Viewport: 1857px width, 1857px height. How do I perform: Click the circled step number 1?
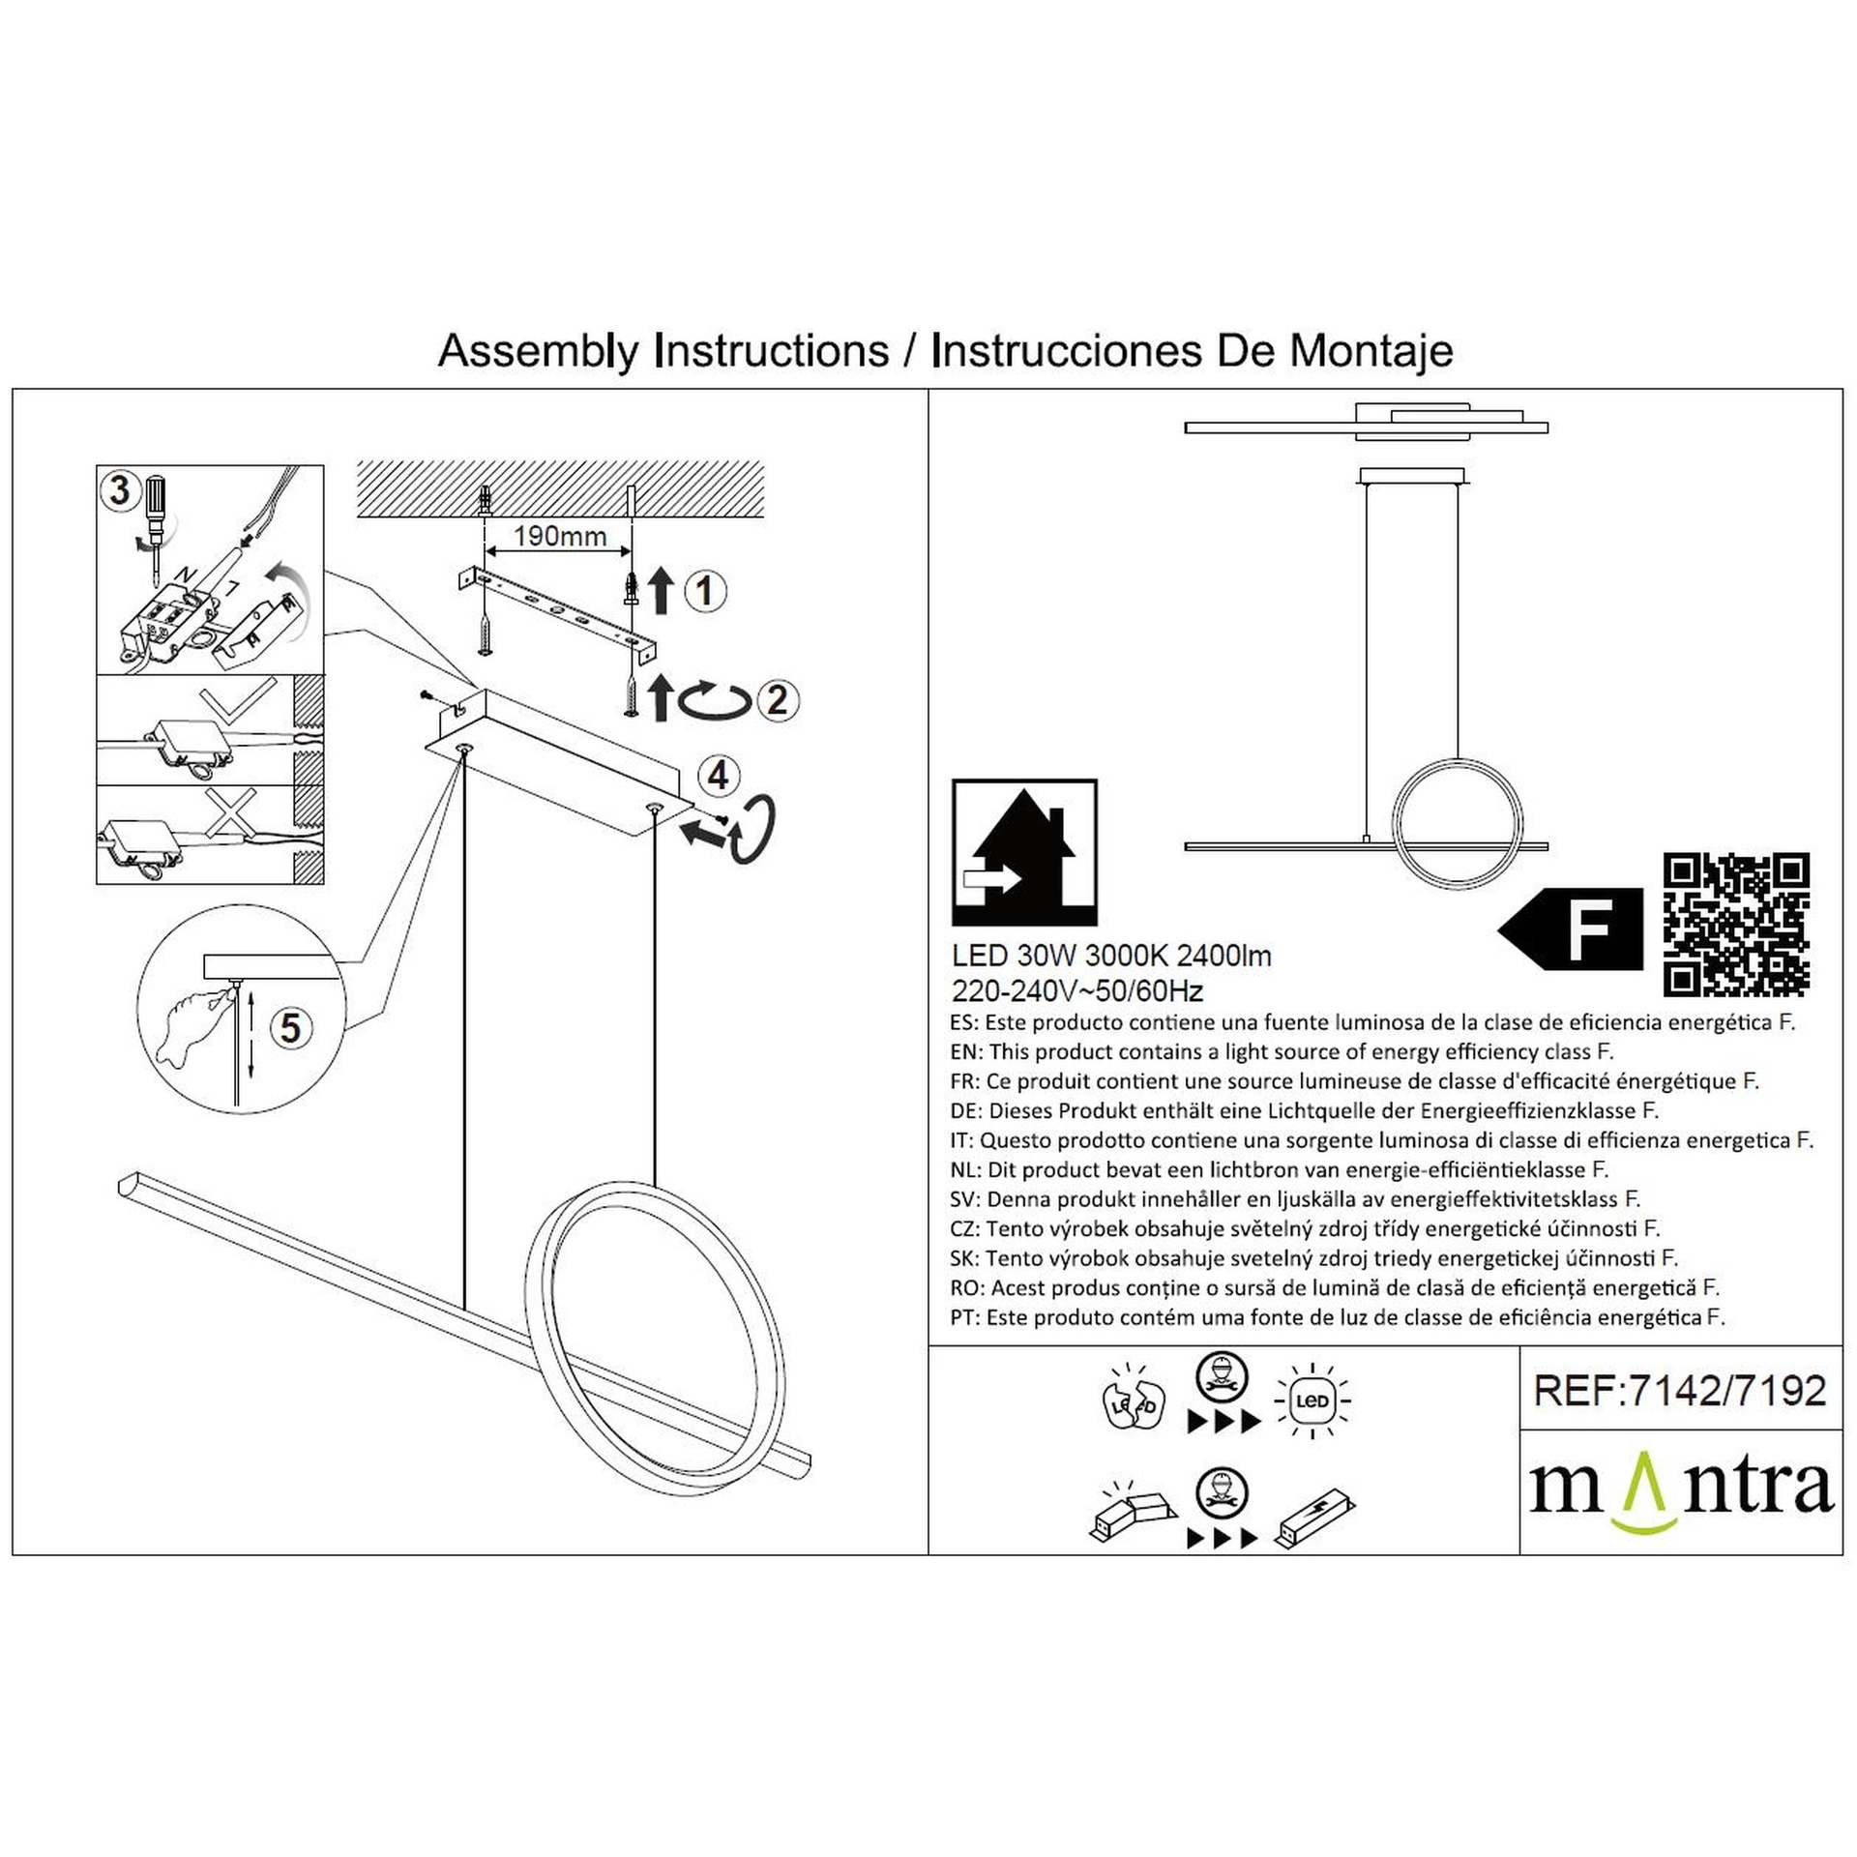pos(705,591)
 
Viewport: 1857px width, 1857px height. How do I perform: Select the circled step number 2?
pos(778,700)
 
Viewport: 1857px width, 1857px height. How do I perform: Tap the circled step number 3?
pos(120,490)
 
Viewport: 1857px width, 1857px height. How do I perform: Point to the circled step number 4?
pos(719,776)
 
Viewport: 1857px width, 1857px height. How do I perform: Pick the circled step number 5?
pos(291,1028)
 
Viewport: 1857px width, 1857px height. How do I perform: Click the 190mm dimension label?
pos(559,536)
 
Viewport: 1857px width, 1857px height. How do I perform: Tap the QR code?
pos(1735,924)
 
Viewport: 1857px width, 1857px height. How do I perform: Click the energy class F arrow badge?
pos(1571,928)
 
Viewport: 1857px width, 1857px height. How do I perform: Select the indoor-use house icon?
pos(1024,851)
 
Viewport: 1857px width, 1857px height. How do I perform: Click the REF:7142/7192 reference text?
pos(1680,1391)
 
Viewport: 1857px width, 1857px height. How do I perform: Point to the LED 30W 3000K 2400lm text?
pos(1111,956)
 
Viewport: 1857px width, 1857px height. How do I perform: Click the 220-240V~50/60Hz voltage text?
pos(1077,991)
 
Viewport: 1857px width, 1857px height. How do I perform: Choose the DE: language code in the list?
pos(966,1111)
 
